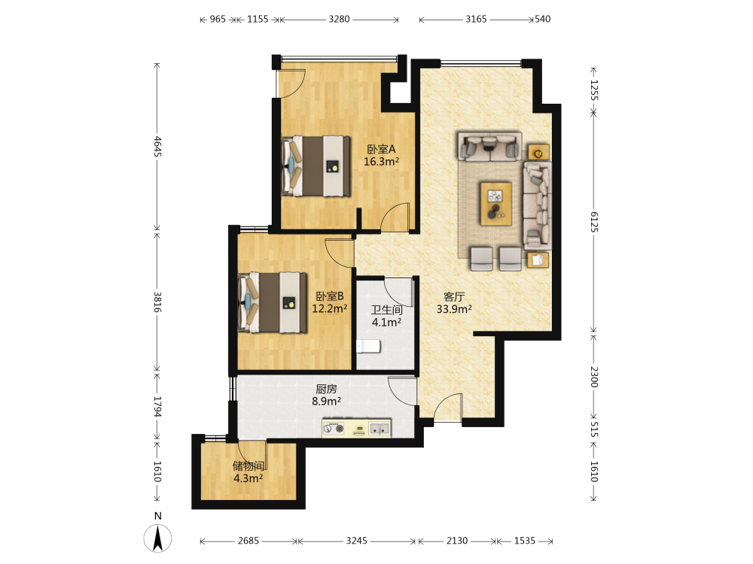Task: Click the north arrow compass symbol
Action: click(x=157, y=538)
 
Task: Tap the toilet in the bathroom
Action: click(x=368, y=346)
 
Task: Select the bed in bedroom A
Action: click(x=316, y=166)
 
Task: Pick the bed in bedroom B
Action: click(x=273, y=302)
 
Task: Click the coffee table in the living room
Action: click(x=496, y=203)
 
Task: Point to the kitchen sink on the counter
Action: click(x=379, y=429)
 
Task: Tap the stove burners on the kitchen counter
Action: click(x=334, y=429)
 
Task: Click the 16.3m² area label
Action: click(x=381, y=162)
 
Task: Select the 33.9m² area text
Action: click(x=454, y=309)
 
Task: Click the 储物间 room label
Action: click(x=248, y=465)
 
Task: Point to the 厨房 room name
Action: click(x=326, y=389)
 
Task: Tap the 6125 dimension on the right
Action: click(x=594, y=222)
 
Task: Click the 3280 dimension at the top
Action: click(x=339, y=20)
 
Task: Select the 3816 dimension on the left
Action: click(x=157, y=302)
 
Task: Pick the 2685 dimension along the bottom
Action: click(x=248, y=541)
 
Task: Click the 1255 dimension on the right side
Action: click(x=594, y=90)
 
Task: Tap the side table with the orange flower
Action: click(x=539, y=153)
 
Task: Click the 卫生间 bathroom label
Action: click(x=386, y=310)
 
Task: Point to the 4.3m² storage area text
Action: click(x=248, y=478)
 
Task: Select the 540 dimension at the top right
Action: click(x=543, y=20)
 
